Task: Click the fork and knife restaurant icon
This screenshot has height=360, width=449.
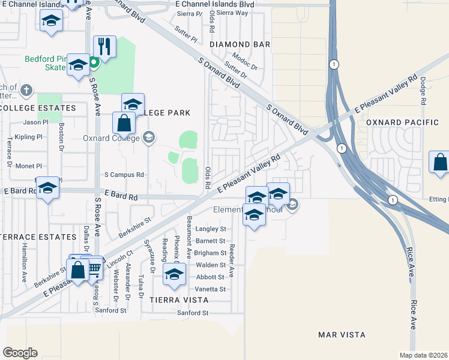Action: point(104,46)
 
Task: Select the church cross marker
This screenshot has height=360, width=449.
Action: point(25,91)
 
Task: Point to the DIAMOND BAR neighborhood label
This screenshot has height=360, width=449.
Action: point(240,44)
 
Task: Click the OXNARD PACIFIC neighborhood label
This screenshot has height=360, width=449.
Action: point(403,122)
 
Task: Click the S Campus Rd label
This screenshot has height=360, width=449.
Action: point(124,175)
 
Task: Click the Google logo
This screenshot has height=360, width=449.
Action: point(20,352)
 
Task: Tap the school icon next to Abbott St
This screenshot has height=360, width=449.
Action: point(174,275)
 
